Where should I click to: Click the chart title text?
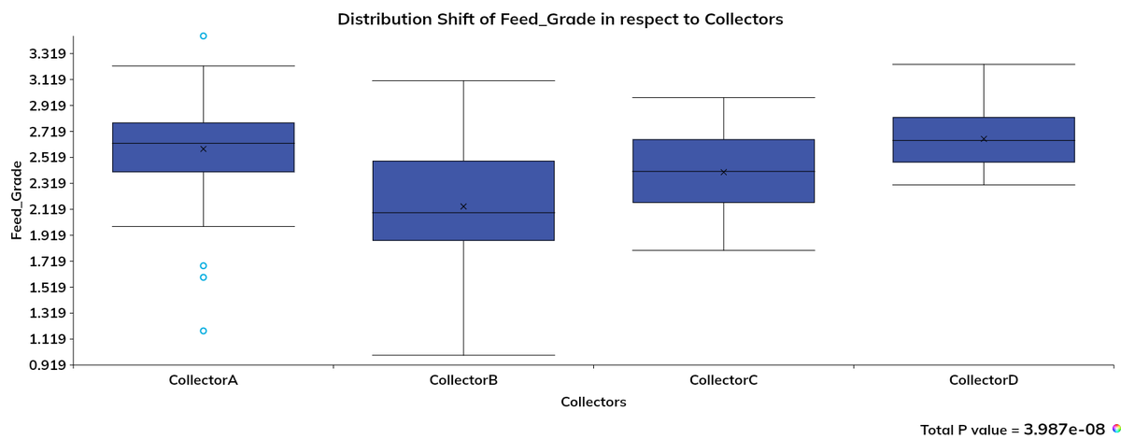[560, 19]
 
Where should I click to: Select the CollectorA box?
[204, 148]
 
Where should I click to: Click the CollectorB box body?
[463, 201]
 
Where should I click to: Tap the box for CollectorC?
[724, 171]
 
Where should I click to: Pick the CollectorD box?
[984, 140]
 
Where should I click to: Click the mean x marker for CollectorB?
[463, 206]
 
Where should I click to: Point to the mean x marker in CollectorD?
[984, 139]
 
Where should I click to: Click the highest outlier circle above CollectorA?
[204, 36]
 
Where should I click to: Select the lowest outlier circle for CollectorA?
[204, 331]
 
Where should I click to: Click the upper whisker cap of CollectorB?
[463, 81]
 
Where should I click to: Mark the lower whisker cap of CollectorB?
[463, 355]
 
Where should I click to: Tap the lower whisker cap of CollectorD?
[984, 185]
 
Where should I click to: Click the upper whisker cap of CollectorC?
[724, 98]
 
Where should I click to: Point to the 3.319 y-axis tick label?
[46, 54]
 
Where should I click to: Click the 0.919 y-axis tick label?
[46, 365]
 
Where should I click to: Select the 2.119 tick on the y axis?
[46, 209]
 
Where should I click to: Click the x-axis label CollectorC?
[723, 381]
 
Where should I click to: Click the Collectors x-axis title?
[593, 403]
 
